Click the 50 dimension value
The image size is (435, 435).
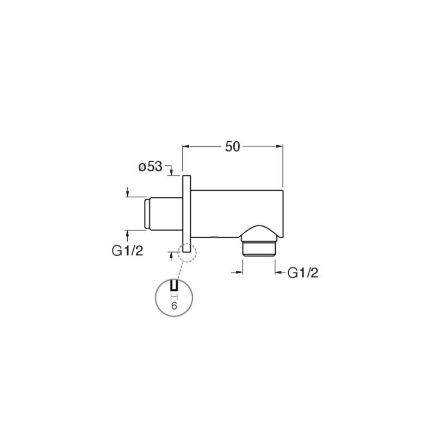pyautogui.click(x=232, y=146)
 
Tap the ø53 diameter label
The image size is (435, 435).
pyautogui.click(x=151, y=167)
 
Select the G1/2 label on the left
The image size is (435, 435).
pyautogui.click(x=127, y=251)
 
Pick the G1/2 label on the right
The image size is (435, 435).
pyautogui.click(x=303, y=273)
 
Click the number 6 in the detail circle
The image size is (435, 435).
pyautogui.click(x=174, y=306)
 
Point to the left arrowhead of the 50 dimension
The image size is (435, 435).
pyautogui.click(x=185, y=146)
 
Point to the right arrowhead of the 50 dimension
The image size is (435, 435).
pyautogui.click(x=279, y=146)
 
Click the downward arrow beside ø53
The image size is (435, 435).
pyautogui.click(x=171, y=172)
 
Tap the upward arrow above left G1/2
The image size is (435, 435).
pyautogui.click(x=127, y=236)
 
